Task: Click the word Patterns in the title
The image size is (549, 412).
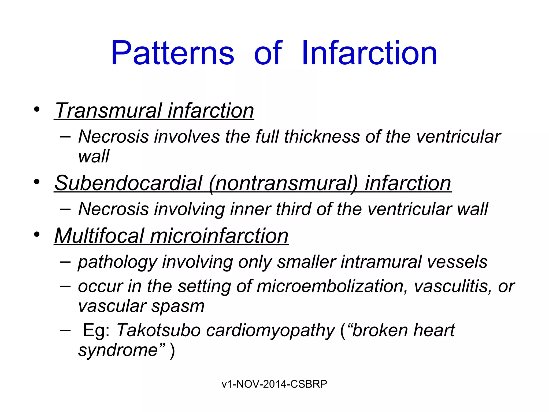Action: (173, 53)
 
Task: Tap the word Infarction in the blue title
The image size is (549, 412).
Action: (369, 53)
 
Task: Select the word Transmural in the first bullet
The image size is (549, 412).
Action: (108, 111)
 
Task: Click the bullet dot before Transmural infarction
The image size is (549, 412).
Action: (37, 109)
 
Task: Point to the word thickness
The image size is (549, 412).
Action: (321, 137)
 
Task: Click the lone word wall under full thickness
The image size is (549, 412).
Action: (94, 156)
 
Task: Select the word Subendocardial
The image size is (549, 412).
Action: (128, 183)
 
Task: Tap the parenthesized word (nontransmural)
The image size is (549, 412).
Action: (283, 183)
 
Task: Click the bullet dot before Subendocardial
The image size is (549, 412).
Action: (37, 182)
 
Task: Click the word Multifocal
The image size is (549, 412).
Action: (99, 236)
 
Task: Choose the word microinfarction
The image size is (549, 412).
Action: (219, 236)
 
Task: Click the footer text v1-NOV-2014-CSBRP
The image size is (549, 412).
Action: (274, 384)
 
